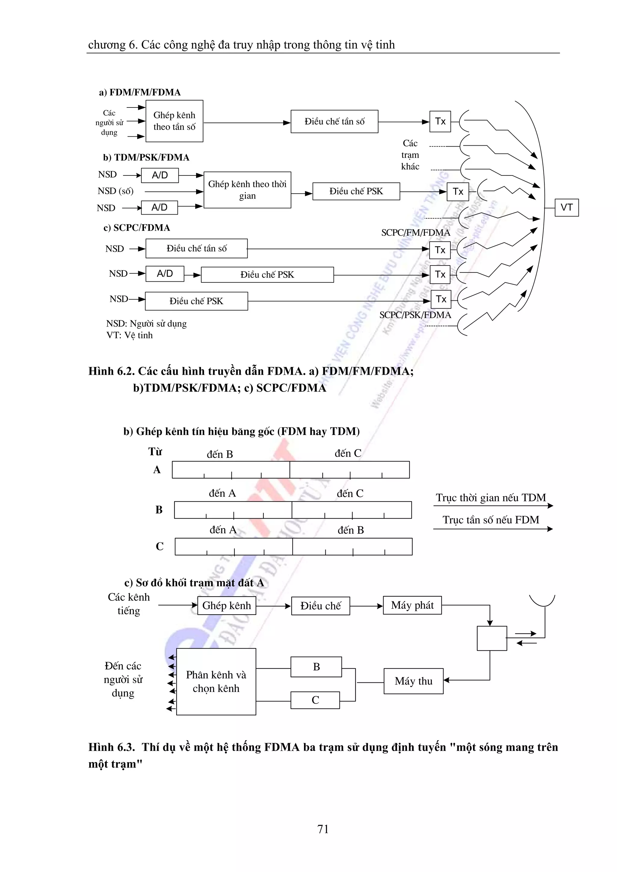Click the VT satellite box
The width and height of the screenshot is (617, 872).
[x=566, y=207]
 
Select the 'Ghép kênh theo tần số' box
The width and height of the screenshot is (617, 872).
[x=174, y=121]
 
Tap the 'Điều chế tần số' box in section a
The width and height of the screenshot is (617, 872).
[x=334, y=122]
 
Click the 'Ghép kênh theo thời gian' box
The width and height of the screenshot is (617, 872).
[x=247, y=190]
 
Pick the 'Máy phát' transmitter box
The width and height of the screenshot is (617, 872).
[x=412, y=605]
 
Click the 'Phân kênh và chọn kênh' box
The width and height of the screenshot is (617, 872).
[x=216, y=681]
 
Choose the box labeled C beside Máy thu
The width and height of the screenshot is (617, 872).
[x=315, y=700]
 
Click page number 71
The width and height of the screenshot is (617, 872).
[x=323, y=829]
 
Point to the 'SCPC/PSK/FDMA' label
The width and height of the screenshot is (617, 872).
[x=415, y=315]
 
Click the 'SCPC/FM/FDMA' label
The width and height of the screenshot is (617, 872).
[x=415, y=232]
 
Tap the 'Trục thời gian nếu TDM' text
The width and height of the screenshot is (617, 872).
[x=490, y=498]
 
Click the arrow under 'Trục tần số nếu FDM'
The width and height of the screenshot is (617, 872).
[x=493, y=529]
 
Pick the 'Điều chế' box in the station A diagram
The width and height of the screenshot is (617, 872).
[x=321, y=606]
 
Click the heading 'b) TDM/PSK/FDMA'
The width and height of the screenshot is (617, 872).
[x=146, y=157]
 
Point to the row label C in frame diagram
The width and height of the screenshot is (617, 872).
[x=160, y=546]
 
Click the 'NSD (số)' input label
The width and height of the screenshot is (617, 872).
[x=116, y=191]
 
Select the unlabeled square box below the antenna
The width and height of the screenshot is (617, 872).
[x=492, y=638]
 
